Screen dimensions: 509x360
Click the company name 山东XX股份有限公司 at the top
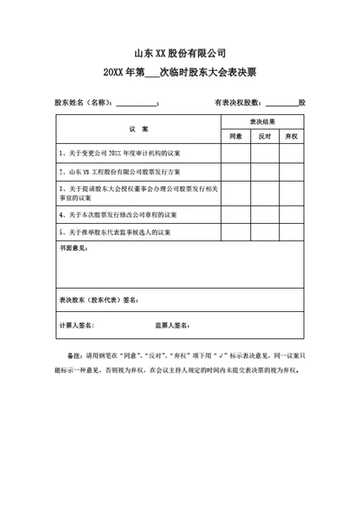(x=179, y=51)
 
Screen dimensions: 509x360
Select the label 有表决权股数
(x=237, y=103)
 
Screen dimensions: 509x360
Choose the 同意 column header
(x=236, y=137)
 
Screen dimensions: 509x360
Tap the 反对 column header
(x=264, y=137)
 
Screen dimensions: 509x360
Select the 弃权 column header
(x=291, y=137)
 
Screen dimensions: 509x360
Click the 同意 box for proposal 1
(x=236, y=154)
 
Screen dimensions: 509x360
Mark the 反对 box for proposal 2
(x=264, y=171)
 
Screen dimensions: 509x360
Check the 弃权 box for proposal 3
(x=291, y=192)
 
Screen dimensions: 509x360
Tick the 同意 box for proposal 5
(x=236, y=231)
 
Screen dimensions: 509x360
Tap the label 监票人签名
(x=172, y=325)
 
